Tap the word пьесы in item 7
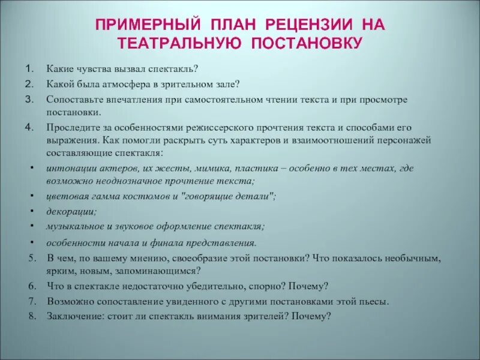(x=374, y=301)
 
